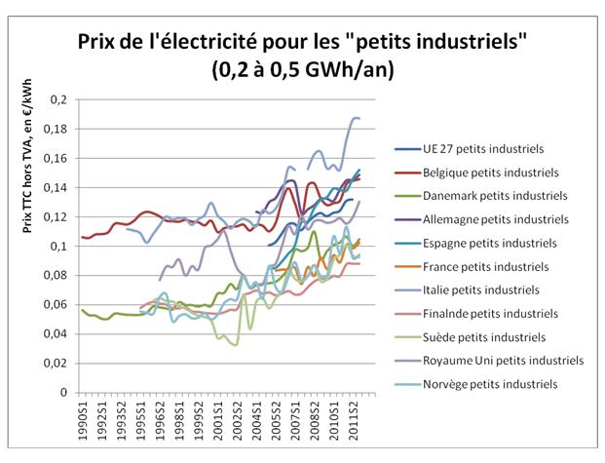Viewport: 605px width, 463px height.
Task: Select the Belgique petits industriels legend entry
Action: coord(476,172)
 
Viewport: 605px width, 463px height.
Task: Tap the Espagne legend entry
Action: coord(474,243)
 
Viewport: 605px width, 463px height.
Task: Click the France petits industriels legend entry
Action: coord(472,266)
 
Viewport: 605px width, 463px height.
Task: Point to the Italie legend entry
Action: coord(468,289)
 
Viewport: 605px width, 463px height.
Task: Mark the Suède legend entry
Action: coord(470,337)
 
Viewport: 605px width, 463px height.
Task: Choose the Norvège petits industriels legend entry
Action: coord(476,384)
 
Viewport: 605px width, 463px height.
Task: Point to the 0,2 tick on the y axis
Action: coord(60,99)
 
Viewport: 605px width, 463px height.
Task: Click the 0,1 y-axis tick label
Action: coord(60,246)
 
